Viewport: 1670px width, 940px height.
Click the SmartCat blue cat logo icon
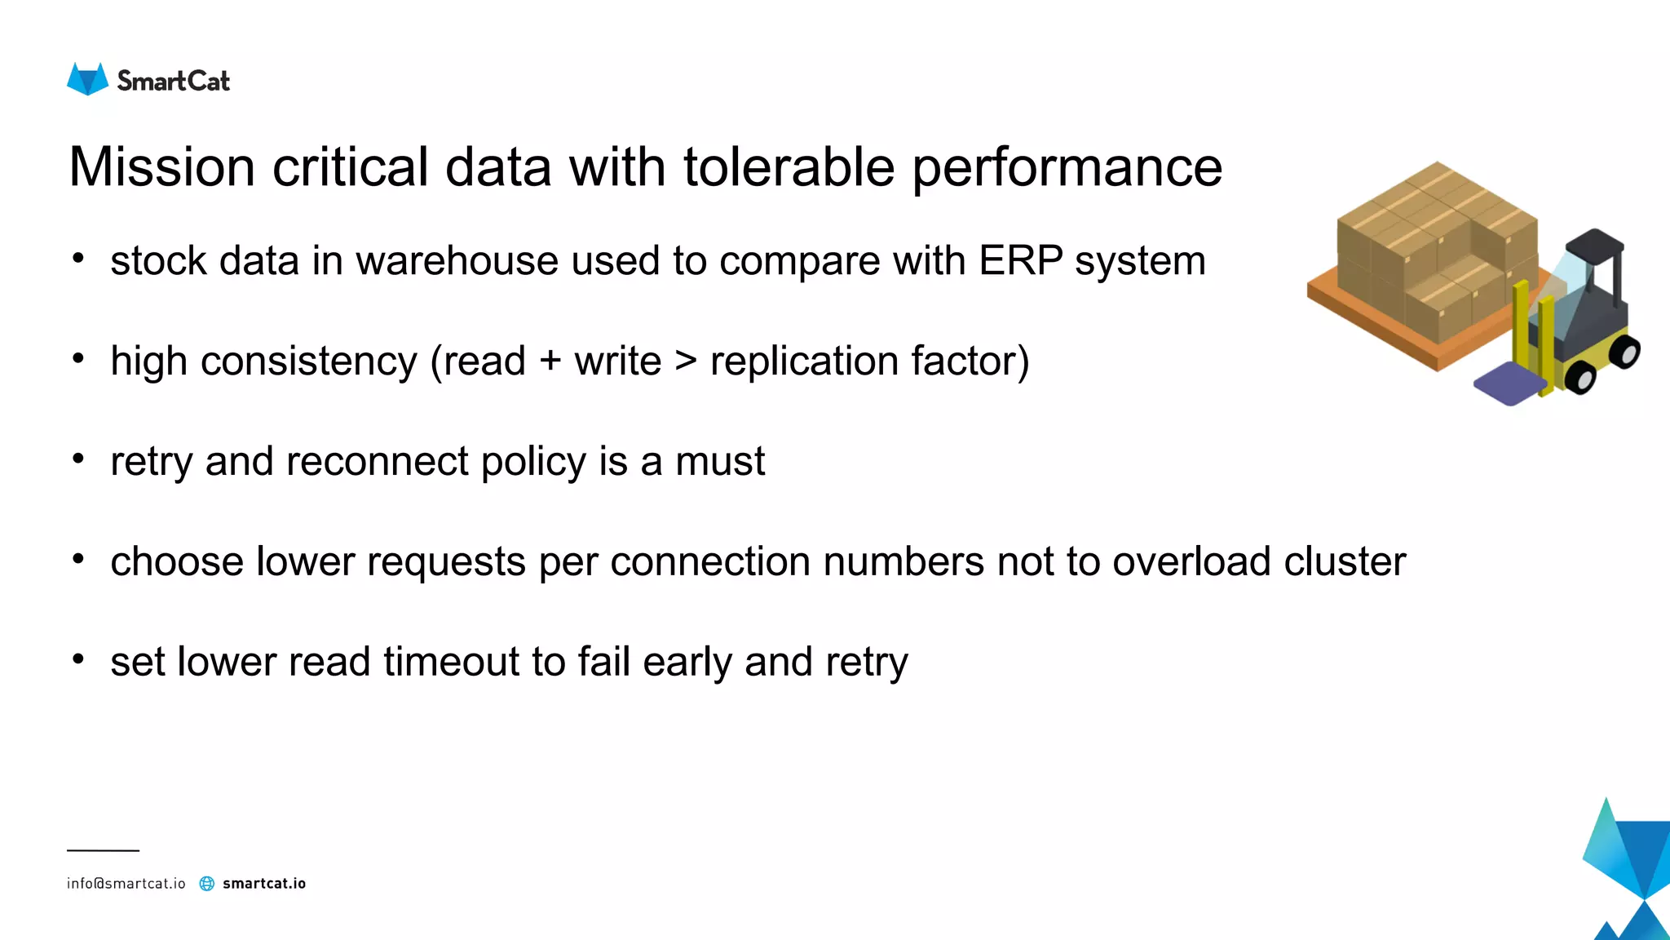click(87, 79)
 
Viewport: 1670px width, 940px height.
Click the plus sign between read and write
click(550, 361)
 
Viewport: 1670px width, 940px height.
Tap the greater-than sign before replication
click(686, 361)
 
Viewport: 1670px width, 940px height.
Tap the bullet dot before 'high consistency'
click(78, 359)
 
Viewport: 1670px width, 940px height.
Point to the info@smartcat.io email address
click(126, 884)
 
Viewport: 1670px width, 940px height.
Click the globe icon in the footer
click(207, 884)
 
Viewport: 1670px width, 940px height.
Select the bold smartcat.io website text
click(264, 884)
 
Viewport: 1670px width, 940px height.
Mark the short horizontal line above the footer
click(103, 850)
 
